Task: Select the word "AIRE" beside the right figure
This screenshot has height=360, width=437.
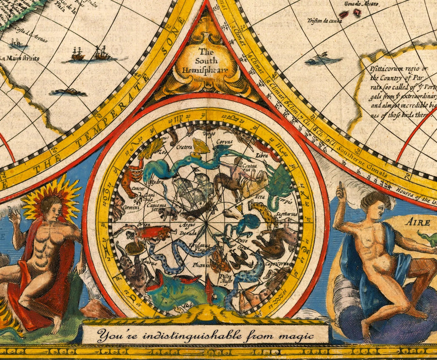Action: pyautogui.click(x=418, y=223)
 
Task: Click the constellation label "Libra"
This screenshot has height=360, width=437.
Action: pyautogui.click(x=260, y=156)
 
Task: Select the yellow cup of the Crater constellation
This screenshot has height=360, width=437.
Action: pyautogui.click(x=199, y=144)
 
